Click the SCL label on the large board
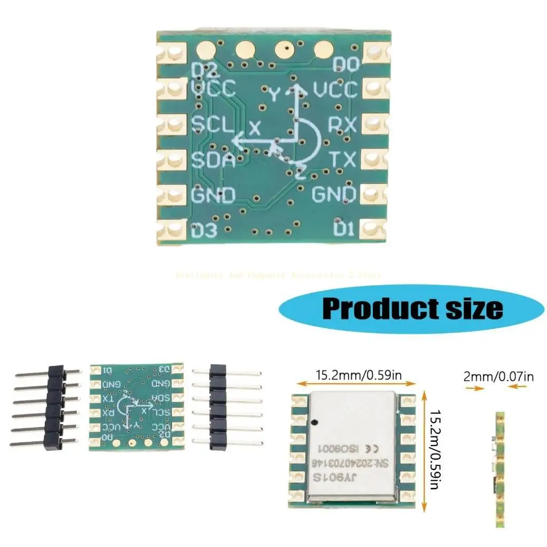click(x=213, y=124)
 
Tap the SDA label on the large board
click(x=213, y=160)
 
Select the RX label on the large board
click(x=342, y=124)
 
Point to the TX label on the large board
click(x=342, y=159)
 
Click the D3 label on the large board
click(x=205, y=232)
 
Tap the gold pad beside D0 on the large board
click(x=376, y=52)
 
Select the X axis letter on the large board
click(x=255, y=128)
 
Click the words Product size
click(x=412, y=308)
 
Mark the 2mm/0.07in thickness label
click(x=498, y=377)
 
